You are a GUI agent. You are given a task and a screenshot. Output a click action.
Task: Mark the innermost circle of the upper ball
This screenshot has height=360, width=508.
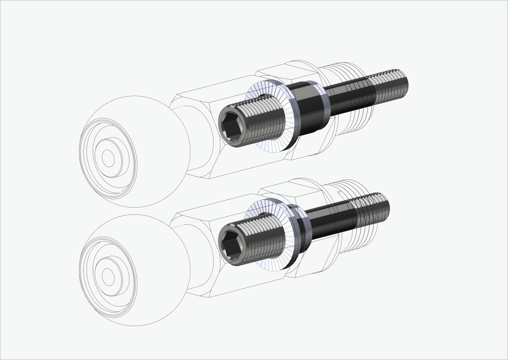[108, 159]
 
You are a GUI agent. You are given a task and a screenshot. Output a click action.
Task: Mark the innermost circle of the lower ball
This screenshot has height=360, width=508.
[108, 277]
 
